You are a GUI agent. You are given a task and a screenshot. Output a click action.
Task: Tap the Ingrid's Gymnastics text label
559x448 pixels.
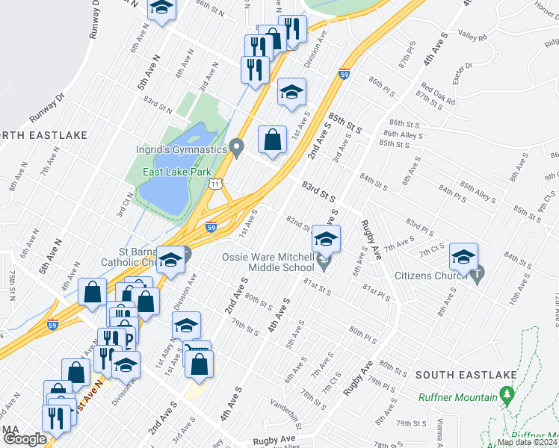point(182,149)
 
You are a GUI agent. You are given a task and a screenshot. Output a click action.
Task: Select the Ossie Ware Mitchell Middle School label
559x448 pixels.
point(268,262)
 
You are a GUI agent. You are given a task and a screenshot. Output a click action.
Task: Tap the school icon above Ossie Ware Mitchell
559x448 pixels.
point(326,239)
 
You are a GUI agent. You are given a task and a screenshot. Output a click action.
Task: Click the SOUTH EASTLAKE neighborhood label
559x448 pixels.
point(457,374)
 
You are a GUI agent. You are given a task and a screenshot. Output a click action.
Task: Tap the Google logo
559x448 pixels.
point(24,439)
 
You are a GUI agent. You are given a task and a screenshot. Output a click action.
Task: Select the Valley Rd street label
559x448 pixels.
point(472,36)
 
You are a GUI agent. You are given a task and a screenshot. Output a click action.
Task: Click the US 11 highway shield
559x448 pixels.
point(215,183)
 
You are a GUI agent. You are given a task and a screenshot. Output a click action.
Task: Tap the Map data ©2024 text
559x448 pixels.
point(527,442)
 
